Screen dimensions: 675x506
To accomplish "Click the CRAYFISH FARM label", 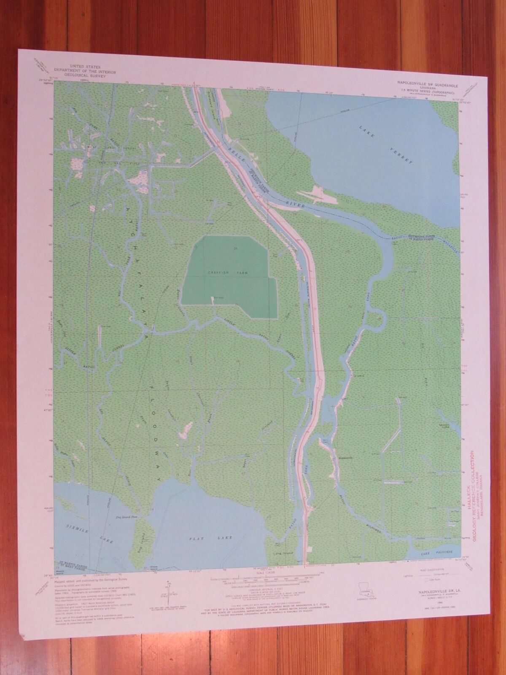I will (x=228, y=273).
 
